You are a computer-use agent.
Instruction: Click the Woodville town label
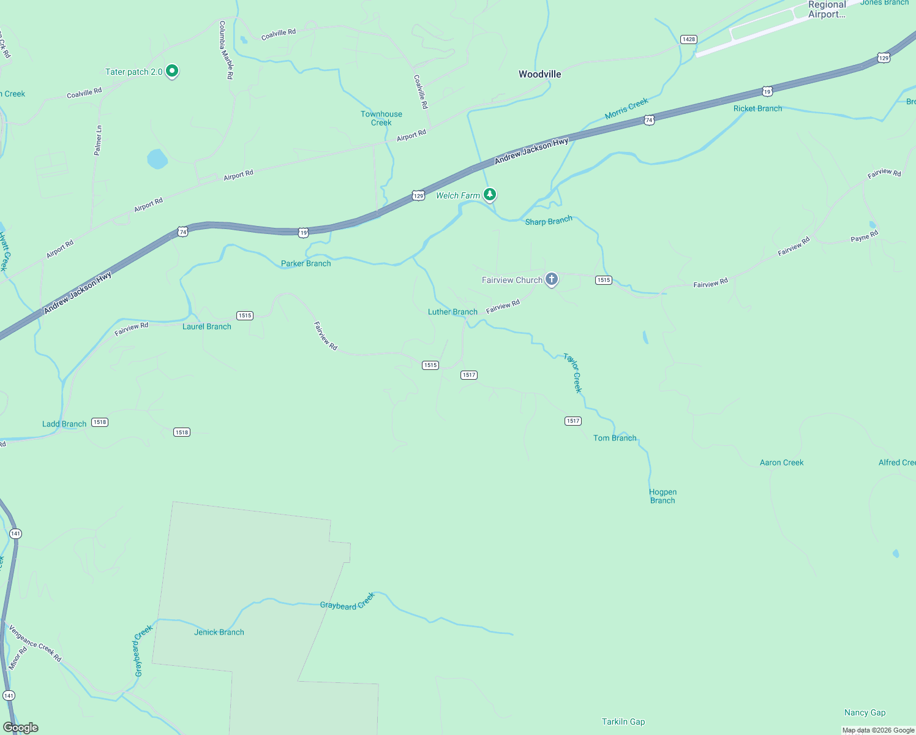pyautogui.click(x=539, y=74)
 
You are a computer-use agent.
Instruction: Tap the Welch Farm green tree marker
pyautogui.click(x=490, y=195)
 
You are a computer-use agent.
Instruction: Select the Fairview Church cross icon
pyautogui.click(x=552, y=280)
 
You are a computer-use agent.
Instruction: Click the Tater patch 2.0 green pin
pyautogui.click(x=173, y=71)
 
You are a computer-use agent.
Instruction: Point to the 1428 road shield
pyautogui.click(x=689, y=39)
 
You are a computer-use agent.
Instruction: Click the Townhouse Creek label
pyautogui.click(x=381, y=118)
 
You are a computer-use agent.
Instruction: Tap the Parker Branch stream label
pyautogui.click(x=306, y=263)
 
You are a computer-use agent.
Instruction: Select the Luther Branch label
pyautogui.click(x=452, y=312)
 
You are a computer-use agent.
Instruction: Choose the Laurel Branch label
pyautogui.click(x=207, y=326)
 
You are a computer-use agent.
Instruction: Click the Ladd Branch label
pyautogui.click(x=64, y=424)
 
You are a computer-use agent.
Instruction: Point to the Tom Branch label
pyautogui.click(x=615, y=438)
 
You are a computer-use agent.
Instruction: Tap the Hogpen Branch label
pyautogui.click(x=663, y=496)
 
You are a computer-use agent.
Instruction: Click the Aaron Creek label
pyautogui.click(x=781, y=462)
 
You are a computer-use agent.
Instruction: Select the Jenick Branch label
pyautogui.click(x=219, y=632)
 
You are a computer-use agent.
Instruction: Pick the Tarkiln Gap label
pyautogui.click(x=623, y=722)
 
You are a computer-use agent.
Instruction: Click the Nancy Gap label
pyautogui.click(x=865, y=712)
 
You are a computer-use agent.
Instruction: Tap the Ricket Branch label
pyautogui.click(x=757, y=108)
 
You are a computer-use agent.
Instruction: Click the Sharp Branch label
pyautogui.click(x=549, y=221)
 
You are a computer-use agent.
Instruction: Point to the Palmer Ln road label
pyautogui.click(x=98, y=140)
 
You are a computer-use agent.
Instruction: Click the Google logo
pyautogui.click(x=21, y=728)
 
